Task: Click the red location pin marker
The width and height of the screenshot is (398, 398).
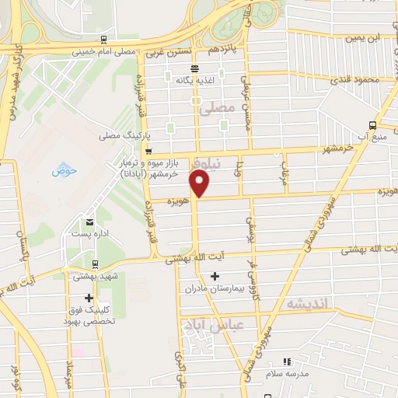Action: [x=201, y=183]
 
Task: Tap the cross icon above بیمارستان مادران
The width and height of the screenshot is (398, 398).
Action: [x=215, y=276]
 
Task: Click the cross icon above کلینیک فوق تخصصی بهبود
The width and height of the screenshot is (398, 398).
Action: [x=90, y=297]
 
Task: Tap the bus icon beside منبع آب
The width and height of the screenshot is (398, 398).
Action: [x=373, y=125]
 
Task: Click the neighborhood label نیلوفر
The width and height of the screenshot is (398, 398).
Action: [x=211, y=164]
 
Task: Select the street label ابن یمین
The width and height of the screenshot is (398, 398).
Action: [x=365, y=37]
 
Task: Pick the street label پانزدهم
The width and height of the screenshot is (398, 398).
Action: [x=224, y=50]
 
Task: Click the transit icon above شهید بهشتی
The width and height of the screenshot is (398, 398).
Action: [x=95, y=264]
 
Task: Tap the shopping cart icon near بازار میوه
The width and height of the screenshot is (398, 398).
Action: [x=148, y=152]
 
